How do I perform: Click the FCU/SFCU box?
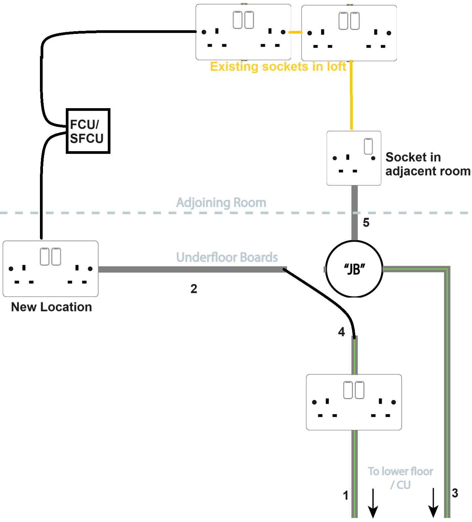pos(88,131)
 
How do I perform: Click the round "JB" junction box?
pos(354,269)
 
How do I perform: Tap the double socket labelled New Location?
pos(50,269)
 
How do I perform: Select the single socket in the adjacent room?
pos(354,158)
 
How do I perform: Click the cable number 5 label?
pos(366,223)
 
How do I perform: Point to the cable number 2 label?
pos(194,289)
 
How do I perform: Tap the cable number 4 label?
pos(341,332)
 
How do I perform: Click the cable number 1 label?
pos(346,495)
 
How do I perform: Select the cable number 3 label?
pos(455,493)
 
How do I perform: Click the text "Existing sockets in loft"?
pos(278,67)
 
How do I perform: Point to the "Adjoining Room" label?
pos(221,203)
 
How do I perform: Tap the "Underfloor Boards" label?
pos(227,257)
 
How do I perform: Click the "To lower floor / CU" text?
pos(400,478)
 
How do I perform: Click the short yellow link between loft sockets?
pos(295,32)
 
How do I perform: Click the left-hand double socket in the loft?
pos(243,32)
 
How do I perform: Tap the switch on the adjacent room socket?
pos(368,146)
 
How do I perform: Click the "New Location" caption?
pos(51,307)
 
